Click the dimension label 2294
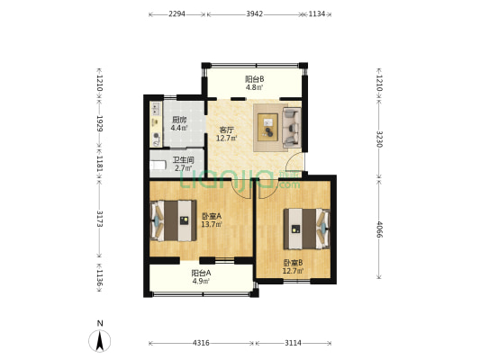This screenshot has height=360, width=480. pyautogui.click(x=177, y=13)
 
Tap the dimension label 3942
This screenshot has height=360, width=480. pyautogui.click(x=254, y=13)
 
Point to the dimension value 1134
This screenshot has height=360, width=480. pyautogui.click(x=317, y=13)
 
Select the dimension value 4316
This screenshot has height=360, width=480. pyautogui.click(x=201, y=343)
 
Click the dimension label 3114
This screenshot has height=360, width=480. pyautogui.click(x=294, y=343)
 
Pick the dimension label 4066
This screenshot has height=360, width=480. pyautogui.click(x=380, y=229)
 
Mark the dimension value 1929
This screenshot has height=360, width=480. pyautogui.click(x=99, y=123)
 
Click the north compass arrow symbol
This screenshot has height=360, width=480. pyautogui.click(x=99, y=341)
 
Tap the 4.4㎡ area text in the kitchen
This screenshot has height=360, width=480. pyautogui.click(x=179, y=128)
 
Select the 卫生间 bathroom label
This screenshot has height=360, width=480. pyautogui.click(x=184, y=160)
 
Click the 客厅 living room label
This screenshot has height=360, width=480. pyautogui.click(x=227, y=130)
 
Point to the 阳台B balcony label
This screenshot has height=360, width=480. pyautogui.click(x=254, y=79)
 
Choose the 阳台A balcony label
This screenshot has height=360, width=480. pyautogui.click(x=201, y=273)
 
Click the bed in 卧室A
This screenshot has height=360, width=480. pyautogui.click(x=173, y=220)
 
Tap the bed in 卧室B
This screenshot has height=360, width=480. pyautogui.click(x=307, y=229)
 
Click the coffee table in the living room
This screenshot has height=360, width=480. pyautogui.click(x=267, y=127)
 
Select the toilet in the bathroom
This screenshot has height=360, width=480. pyautogui.click(x=158, y=166)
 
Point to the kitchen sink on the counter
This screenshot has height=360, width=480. pyautogui.click(x=156, y=108)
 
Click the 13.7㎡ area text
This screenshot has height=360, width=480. pyautogui.click(x=212, y=224)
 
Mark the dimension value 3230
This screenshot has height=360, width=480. pyautogui.click(x=380, y=139)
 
